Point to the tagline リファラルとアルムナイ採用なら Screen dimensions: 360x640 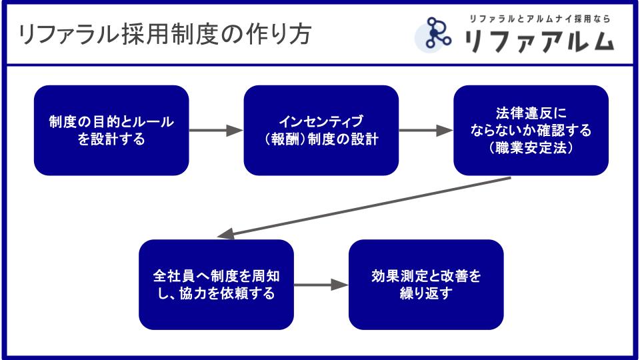(539, 19)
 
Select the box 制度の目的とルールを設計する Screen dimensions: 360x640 (111, 130)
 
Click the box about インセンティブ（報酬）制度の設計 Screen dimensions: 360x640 (321, 130)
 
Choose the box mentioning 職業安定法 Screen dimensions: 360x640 (531, 130)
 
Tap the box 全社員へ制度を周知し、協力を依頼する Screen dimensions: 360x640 (216, 285)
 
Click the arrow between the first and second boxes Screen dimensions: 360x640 (216, 131)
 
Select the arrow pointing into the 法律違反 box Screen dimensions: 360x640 (426, 131)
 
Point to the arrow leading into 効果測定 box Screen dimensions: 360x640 (321, 285)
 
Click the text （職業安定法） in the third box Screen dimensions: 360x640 (531, 149)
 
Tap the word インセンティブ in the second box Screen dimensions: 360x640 (321, 121)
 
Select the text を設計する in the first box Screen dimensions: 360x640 (111, 139)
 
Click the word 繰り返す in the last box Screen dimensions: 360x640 (426, 293)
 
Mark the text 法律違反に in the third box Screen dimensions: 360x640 (531, 113)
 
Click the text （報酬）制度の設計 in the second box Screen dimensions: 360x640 (321, 139)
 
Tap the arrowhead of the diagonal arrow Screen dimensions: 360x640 (225, 234)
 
